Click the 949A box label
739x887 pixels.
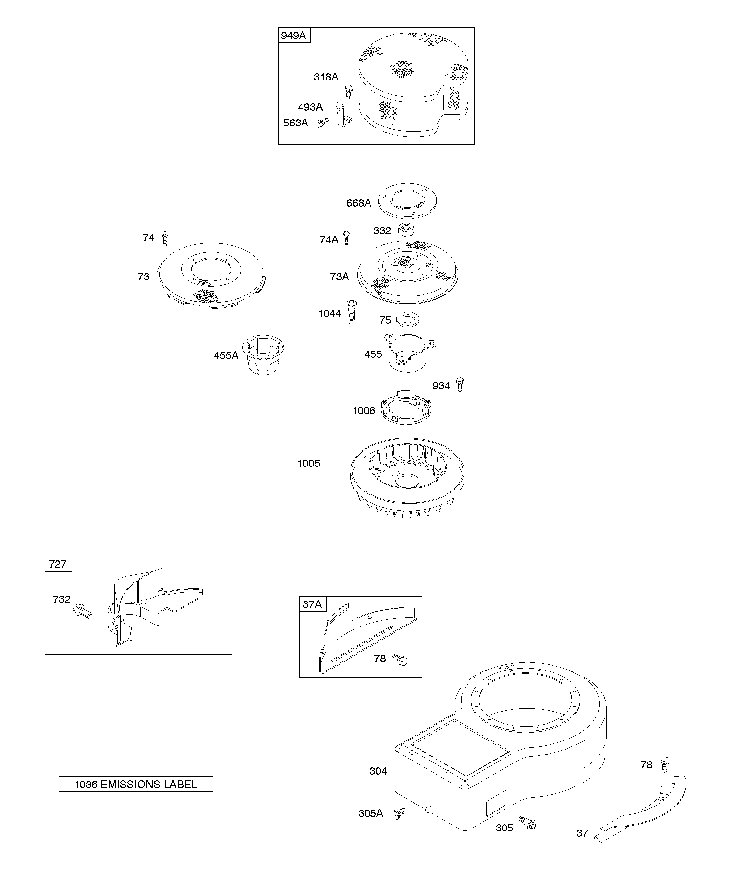tap(294, 35)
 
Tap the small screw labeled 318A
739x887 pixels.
tap(348, 91)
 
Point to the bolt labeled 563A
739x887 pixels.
tap(322, 123)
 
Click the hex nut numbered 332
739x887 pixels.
tap(406, 229)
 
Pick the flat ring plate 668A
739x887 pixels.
tap(407, 201)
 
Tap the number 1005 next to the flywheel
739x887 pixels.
tap(308, 463)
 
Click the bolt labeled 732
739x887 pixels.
tap(82, 611)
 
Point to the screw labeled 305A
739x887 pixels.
tap(398, 813)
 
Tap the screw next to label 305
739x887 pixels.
tap(528, 823)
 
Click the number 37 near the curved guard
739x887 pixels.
tap(582, 833)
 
